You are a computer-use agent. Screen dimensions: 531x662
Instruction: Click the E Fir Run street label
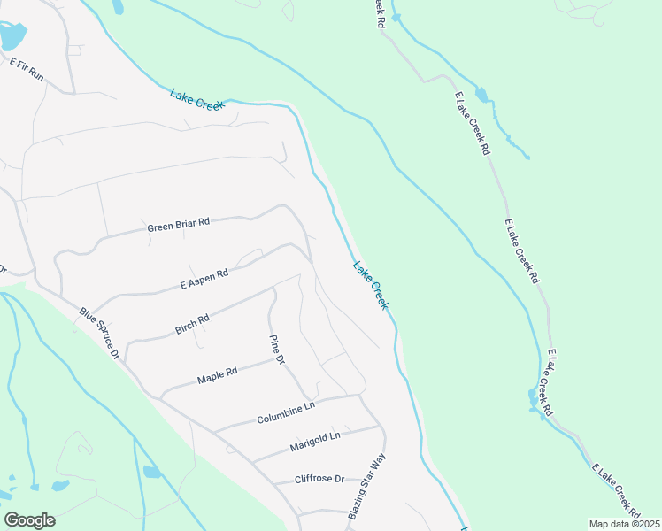(27, 69)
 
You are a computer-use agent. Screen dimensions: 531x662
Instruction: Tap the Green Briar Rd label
(178, 225)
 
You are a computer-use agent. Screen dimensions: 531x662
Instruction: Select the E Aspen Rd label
(204, 279)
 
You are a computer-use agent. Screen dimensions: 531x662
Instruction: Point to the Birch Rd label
(192, 325)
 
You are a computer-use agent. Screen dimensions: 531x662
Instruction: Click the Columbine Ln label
(286, 413)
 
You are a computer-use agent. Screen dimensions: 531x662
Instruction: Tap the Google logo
(29, 520)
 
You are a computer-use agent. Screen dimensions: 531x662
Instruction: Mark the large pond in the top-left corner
(12, 36)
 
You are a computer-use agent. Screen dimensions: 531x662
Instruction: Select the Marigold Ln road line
(354, 433)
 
